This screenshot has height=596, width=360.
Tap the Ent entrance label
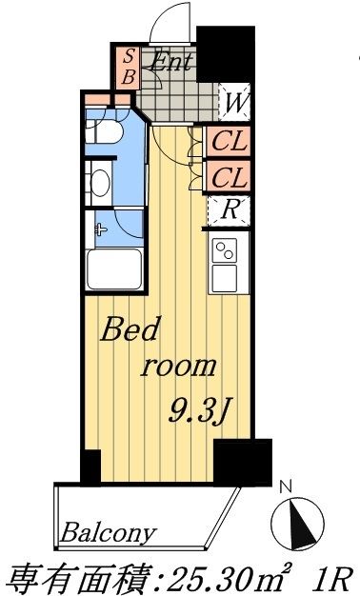172,64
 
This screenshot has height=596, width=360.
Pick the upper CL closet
229,145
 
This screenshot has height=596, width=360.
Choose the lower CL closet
229,177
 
